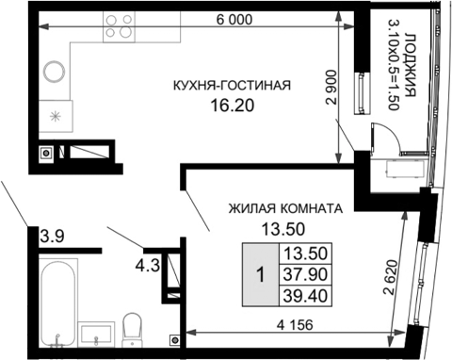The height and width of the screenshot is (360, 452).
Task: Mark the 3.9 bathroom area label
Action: pos(53,237)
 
